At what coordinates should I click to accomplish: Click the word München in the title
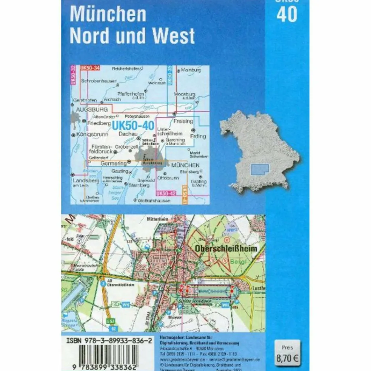[108, 14]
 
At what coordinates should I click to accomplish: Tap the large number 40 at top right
[287, 14]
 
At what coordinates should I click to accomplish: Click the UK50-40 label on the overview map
[133, 126]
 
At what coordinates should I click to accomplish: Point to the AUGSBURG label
[92, 109]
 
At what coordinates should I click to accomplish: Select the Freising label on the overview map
[183, 121]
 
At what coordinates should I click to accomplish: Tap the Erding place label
[198, 136]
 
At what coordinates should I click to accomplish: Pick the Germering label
[113, 163]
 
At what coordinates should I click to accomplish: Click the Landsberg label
[86, 180]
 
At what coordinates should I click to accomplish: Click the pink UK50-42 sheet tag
[166, 193]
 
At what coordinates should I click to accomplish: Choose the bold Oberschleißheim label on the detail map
[226, 249]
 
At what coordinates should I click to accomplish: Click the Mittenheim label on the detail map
[158, 219]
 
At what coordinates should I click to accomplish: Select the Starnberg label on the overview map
[139, 185]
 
